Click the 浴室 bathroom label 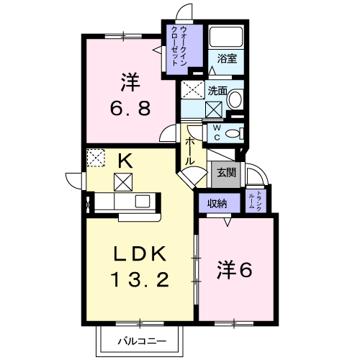pos(227,58)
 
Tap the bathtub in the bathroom pos(226,37)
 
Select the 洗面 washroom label pos(217,91)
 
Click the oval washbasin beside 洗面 pos(235,99)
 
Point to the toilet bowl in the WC pos(233,134)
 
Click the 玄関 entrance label pos(226,173)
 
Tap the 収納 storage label pos(217,204)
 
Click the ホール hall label pos(189,151)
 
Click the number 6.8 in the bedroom pos(130,108)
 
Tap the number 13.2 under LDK pos(140,279)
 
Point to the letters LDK pos(140,254)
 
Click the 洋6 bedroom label pos(235,270)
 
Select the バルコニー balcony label pos(142,341)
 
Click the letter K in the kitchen pos(125,161)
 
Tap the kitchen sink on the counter pos(143,201)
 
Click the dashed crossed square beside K pos(96,158)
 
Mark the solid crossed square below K pos(123,182)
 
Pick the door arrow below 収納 pos(228,222)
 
